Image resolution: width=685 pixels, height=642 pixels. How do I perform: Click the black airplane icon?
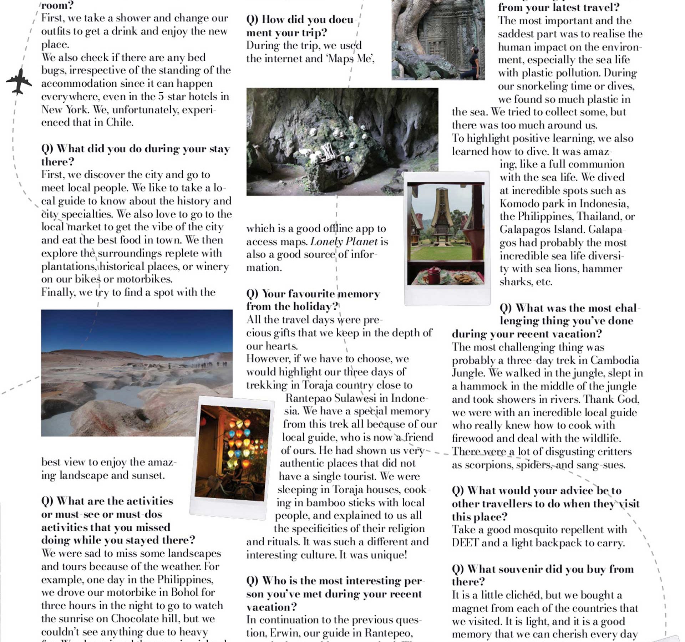(x=19, y=82)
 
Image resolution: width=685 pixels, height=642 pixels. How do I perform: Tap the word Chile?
(x=120, y=122)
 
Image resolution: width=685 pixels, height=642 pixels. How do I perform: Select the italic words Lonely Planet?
(x=344, y=242)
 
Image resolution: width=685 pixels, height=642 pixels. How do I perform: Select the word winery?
(x=211, y=266)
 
